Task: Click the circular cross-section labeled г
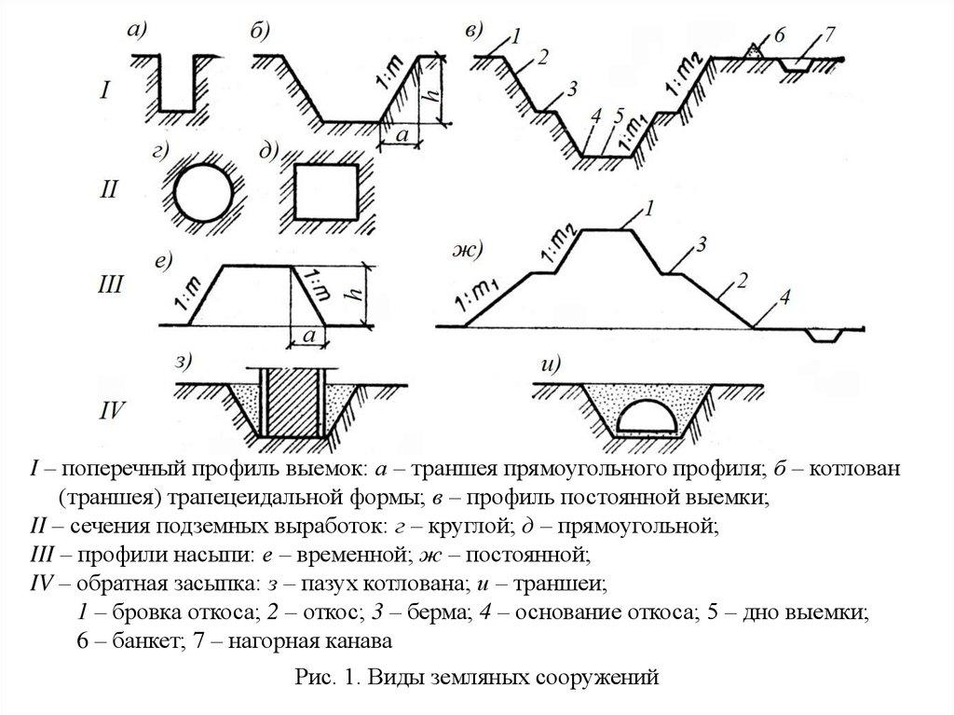point(198,196)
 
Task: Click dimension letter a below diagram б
point(402,135)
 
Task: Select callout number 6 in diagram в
point(780,34)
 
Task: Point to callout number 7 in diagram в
point(829,35)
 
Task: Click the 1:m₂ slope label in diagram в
point(682,82)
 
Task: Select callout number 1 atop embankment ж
point(650,207)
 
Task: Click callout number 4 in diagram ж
point(784,297)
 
